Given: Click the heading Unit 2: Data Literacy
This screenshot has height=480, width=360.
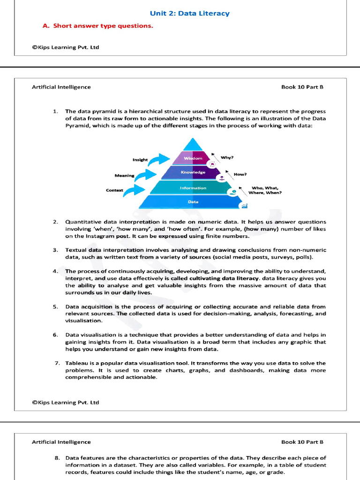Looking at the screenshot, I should coord(189,14).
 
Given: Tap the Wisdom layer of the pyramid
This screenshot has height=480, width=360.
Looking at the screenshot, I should coord(193,158).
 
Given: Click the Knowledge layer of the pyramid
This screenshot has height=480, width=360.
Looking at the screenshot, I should coord(193,172).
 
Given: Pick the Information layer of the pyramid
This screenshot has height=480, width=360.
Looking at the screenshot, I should coord(193,188).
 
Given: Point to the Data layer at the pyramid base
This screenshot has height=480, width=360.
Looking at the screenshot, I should coord(193,202).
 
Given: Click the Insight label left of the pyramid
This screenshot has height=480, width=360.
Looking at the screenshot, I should coord(140,160).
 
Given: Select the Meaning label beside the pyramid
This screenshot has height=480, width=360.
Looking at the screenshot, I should coord(124,176).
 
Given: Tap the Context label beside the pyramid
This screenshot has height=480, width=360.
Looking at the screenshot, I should coord(115,190).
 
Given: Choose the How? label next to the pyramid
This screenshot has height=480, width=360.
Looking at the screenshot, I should coord(240,174).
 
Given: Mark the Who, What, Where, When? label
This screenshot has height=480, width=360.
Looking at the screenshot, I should coord(266,190).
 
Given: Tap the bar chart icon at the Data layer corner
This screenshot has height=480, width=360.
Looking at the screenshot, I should coord(244,206).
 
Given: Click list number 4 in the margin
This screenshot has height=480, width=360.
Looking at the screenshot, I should coord(55,271).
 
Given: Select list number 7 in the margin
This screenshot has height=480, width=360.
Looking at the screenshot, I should coord(57,363).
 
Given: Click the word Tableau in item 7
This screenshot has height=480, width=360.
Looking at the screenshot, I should coord(76,363).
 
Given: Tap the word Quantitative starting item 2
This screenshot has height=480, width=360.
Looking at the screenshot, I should coord(83,222).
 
